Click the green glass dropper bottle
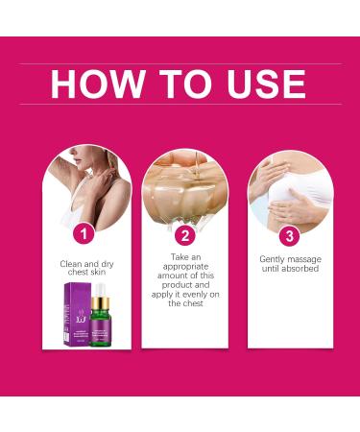[99, 316]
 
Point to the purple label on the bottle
[99, 326]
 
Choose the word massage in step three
[306, 260]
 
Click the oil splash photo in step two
[184, 187]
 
